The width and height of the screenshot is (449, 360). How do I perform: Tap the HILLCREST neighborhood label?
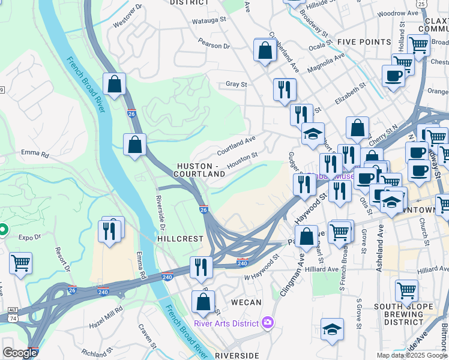click(180, 238)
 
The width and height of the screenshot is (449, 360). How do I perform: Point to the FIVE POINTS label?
click(360, 41)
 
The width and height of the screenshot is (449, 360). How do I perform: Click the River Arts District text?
click(226, 323)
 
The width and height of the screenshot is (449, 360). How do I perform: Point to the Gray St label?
click(236, 85)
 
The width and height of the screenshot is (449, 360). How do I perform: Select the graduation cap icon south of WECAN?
click(332, 329)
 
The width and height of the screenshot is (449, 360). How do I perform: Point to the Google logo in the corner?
click(19, 353)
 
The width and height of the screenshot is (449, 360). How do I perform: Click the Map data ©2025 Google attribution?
click(412, 355)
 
